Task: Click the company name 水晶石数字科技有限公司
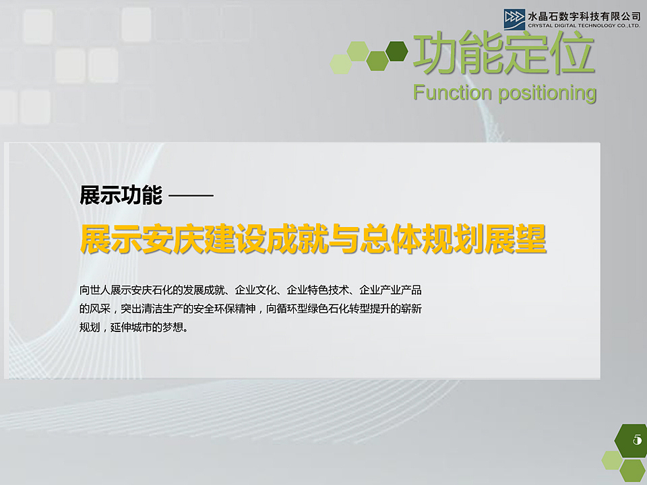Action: coord(584,15)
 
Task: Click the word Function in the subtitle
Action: coord(452,92)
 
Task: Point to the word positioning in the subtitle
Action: coord(547,93)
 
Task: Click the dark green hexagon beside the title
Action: coord(397,51)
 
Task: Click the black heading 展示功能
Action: coord(121,196)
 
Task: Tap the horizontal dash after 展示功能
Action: coord(191,196)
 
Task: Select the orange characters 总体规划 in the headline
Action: coord(412,239)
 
